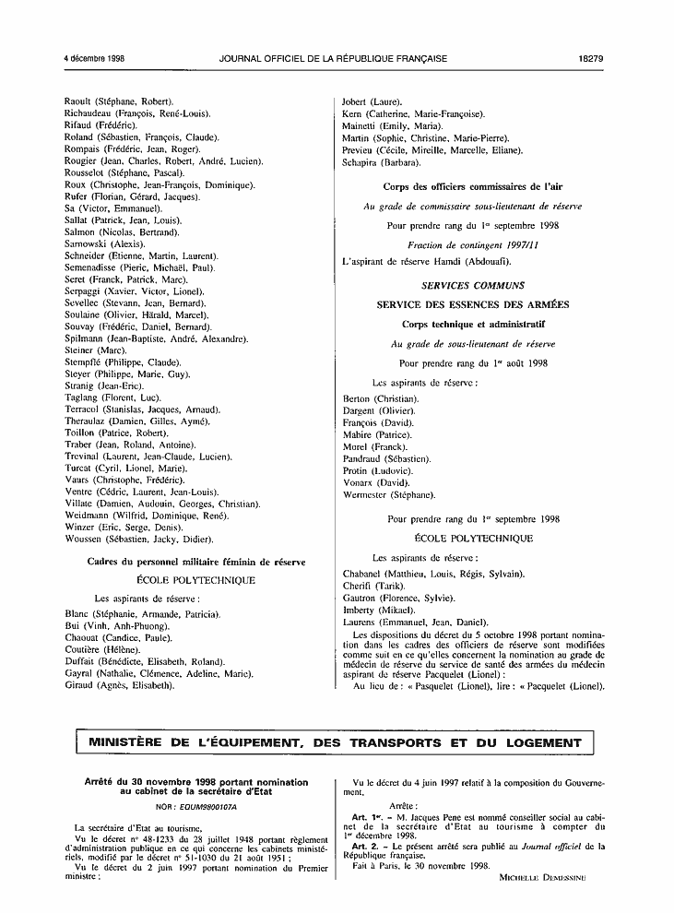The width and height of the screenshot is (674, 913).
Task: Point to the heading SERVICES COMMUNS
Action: (x=472, y=286)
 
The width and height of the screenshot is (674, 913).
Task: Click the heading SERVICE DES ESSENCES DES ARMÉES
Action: (x=472, y=304)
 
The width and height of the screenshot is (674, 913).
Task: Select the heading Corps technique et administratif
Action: (x=473, y=325)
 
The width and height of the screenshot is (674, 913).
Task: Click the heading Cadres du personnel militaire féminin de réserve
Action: (x=189, y=561)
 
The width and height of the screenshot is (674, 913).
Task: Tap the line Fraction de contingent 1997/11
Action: (x=473, y=243)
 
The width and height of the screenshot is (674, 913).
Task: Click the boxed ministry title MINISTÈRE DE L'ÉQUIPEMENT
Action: (x=335, y=742)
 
